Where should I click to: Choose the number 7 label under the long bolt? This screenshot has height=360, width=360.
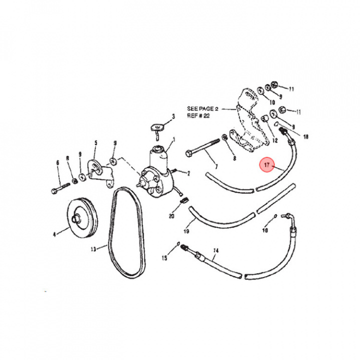(216, 166)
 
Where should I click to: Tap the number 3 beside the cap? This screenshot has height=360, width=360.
(173, 117)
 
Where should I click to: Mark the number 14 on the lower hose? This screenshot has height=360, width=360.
(216, 250)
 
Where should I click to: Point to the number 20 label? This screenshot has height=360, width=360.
(171, 216)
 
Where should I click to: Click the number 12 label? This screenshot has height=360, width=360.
(274, 141)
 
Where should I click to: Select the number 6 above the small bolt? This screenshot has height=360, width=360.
(58, 162)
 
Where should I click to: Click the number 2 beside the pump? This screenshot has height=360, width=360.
(189, 173)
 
